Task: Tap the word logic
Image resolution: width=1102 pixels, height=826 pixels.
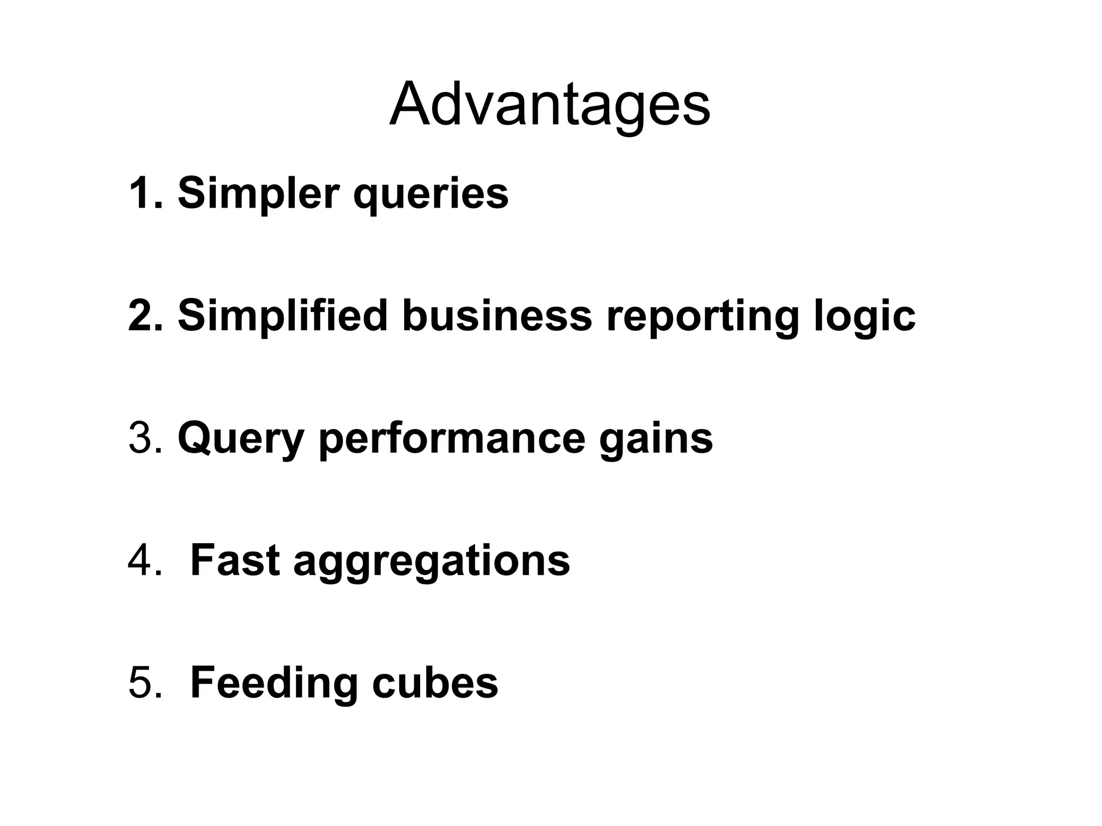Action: pyautogui.click(x=865, y=317)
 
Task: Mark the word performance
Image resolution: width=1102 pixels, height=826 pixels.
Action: pyautogui.click(x=451, y=440)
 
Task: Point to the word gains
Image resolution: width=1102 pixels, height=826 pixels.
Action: pyautogui.click(x=656, y=440)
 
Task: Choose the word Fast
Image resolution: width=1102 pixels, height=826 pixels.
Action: pyautogui.click(x=235, y=561)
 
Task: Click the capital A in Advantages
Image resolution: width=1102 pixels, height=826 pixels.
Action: pyautogui.click(x=409, y=105)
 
